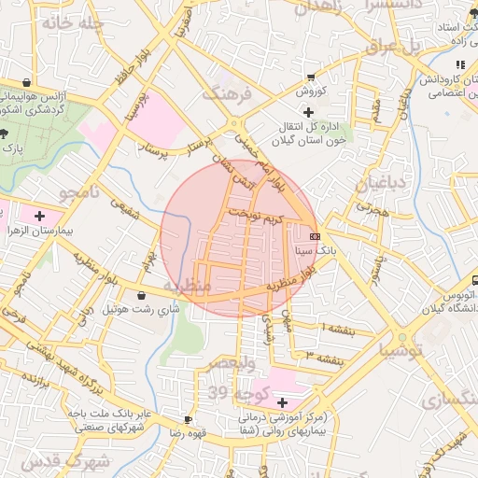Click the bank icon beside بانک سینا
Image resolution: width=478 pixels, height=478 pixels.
(x=315, y=236)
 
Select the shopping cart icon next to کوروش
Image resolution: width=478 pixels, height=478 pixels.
(x=310, y=77)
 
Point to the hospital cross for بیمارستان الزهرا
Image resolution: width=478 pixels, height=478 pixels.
(x=38, y=216)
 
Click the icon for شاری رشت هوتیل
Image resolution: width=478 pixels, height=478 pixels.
(x=141, y=295)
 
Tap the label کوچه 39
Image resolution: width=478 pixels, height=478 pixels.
(x=239, y=391)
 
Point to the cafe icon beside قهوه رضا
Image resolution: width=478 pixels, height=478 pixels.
(x=189, y=419)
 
